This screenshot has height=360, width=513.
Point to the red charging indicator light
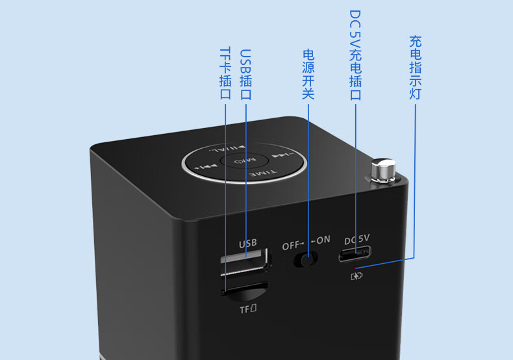click(354, 267)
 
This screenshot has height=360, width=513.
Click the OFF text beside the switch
click(293, 246)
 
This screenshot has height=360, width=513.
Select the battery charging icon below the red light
click(357, 276)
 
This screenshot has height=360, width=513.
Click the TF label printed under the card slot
click(248, 309)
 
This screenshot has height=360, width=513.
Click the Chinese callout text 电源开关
click(308, 75)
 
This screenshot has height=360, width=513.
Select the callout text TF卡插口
click(225, 73)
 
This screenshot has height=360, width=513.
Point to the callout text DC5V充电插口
click(355, 55)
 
